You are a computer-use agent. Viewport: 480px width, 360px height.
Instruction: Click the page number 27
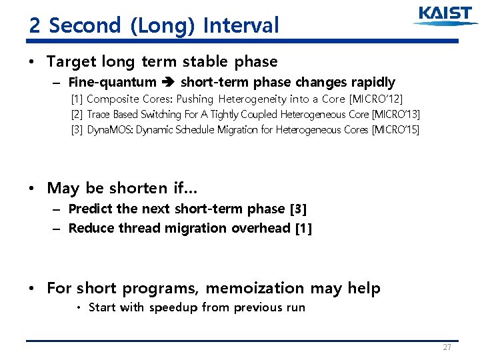click(447, 347)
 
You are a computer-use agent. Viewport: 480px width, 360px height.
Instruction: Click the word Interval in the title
click(241, 25)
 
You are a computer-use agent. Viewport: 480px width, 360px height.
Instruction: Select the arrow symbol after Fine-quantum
click(168, 83)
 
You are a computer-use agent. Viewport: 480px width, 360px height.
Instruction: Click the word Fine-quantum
click(112, 83)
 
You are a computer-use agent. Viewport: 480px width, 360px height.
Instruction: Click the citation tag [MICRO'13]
click(397, 114)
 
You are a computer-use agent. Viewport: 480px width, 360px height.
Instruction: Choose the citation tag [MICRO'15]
click(395, 129)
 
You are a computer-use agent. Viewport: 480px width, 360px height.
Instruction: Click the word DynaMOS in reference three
click(110, 129)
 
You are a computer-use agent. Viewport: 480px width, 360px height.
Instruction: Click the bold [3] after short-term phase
click(299, 209)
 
